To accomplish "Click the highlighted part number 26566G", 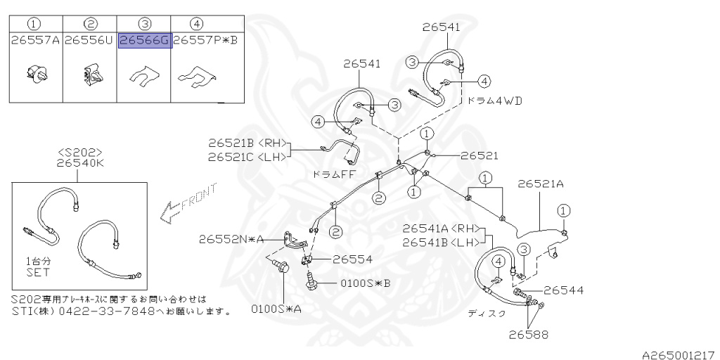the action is click(145, 40).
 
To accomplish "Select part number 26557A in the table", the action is click(36, 40).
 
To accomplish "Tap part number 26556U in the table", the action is click(89, 40).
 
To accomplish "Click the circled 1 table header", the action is click(35, 23).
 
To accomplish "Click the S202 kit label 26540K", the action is click(80, 163).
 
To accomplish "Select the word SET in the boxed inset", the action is click(38, 272).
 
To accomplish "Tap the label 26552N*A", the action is click(231, 239).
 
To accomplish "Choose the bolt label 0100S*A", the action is click(276, 309).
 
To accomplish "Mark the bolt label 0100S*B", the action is click(366, 283).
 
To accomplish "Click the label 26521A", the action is click(541, 184).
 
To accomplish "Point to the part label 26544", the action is click(563, 290).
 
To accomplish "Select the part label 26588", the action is click(529, 334).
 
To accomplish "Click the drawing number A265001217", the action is click(680, 355).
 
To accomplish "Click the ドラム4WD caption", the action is click(495, 101).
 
